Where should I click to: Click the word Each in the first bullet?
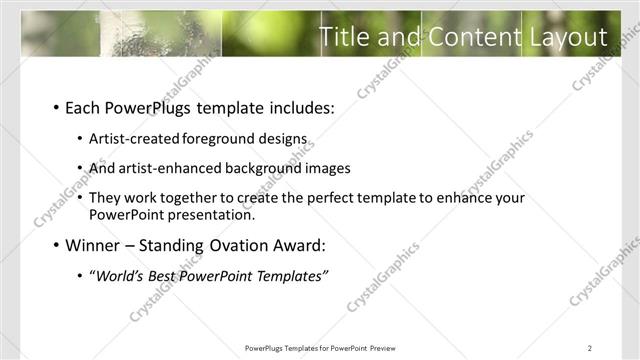tap(83, 107)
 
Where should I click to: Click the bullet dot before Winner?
tap(55, 245)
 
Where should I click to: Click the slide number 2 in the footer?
tap(590, 348)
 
